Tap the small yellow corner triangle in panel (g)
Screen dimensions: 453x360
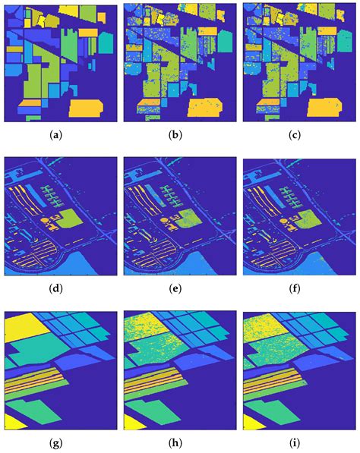pyautogui.click(x=10, y=421)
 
